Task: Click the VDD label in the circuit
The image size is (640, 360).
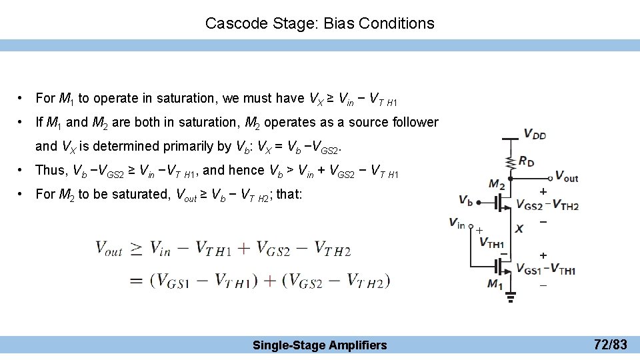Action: pyautogui.click(x=535, y=134)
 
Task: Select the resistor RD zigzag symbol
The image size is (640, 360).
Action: pyautogui.click(x=511, y=161)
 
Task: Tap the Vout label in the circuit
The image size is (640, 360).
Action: pyautogui.click(x=567, y=177)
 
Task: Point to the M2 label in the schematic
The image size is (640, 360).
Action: pyautogui.click(x=496, y=184)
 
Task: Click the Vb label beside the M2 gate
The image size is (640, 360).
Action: pyautogui.click(x=467, y=199)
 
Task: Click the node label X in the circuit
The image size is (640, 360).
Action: pyautogui.click(x=519, y=229)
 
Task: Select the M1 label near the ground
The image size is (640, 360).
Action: pyautogui.click(x=495, y=285)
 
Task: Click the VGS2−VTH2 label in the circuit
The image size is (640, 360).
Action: pyautogui.click(x=547, y=205)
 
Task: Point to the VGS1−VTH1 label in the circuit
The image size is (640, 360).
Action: pyautogui.click(x=546, y=270)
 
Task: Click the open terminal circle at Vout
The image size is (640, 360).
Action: pyautogui.click(x=550, y=178)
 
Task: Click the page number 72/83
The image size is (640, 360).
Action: pyautogui.click(x=610, y=345)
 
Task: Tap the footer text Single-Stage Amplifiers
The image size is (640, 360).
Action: pyautogui.click(x=319, y=345)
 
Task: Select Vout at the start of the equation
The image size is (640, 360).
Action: pyautogui.click(x=109, y=249)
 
